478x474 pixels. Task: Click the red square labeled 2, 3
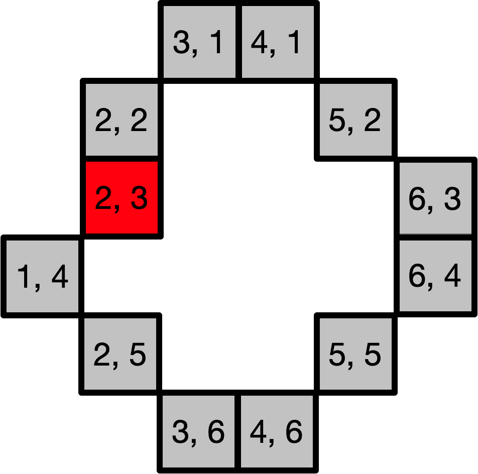pyautogui.click(x=122, y=197)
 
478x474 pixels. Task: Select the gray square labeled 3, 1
pyautogui.click(x=199, y=42)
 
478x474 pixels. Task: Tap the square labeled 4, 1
pyautogui.click(x=278, y=42)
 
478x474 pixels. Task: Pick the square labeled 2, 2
pyautogui.click(x=122, y=120)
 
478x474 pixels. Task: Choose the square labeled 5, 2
pyautogui.click(x=355, y=120)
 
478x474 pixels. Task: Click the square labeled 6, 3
pyautogui.click(x=435, y=198)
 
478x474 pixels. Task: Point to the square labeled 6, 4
pyautogui.click(x=435, y=276)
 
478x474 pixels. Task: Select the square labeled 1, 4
pyautogui.click(x=42, y=276)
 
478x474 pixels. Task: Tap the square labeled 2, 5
pyautogui.click(x=120, y=353)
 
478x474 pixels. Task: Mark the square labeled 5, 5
pyautogui.click(x=355, y=353)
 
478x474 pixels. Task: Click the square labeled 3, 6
pyautogui.click(x=198, y=431)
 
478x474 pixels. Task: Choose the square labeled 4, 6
pyautogui.click(x=277, y=431)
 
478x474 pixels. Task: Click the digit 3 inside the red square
pyautogui.click(x=139, y=198)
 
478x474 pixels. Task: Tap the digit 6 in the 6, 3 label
pyautogui.click(x=417, y=198)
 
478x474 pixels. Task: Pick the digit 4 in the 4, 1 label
pyautogui.click(x=259, y=42)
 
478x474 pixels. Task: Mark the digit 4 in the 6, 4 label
pyautogui.click(x=452, y=276)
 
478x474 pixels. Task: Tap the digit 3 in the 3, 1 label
pyautogui.click(x=181, y=42)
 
